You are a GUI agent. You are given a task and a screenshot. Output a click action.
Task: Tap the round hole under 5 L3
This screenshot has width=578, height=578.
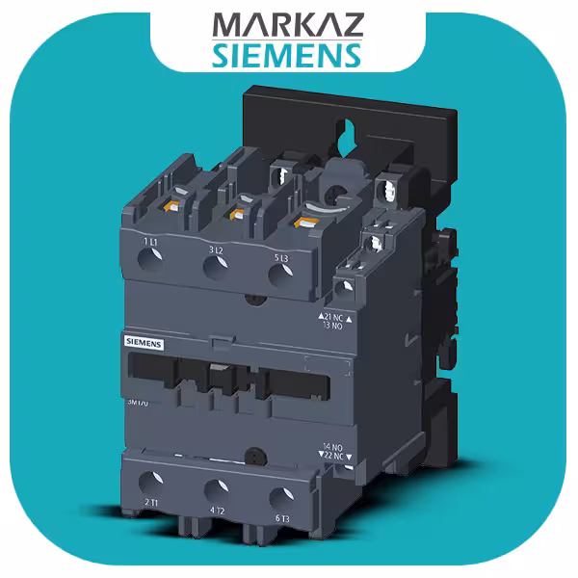pyautogui.click(x=280, y=277)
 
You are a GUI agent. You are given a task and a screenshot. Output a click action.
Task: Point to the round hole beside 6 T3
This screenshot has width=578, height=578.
pyautogui.click(x=279, y=497)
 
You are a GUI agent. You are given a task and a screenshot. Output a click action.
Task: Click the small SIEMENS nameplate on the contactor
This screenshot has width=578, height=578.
pyautogui.click(x=144, y=343)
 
